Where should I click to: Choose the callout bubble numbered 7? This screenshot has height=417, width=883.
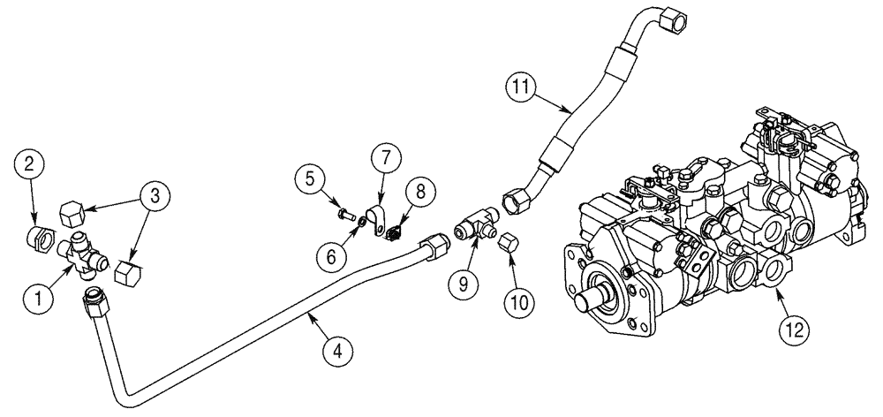(x=386, y=159)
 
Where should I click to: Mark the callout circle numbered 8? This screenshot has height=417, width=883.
(x=418, y=190)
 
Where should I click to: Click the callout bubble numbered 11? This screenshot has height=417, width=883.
(x=521, y=87)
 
